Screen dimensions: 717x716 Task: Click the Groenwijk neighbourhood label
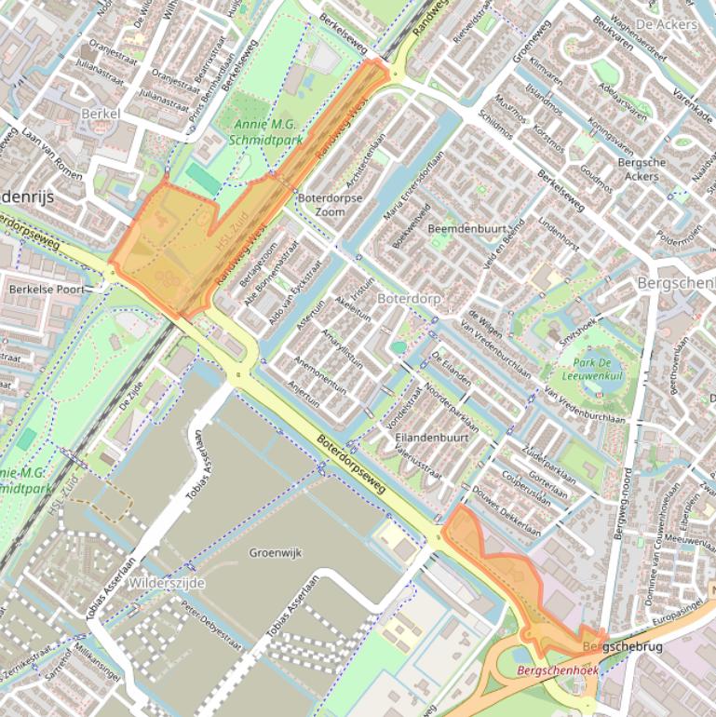pos(277,552)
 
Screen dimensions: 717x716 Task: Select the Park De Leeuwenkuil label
pos(597,368)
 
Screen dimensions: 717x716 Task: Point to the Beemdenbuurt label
pos(466,229)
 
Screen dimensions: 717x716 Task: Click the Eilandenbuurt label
pos(430,436)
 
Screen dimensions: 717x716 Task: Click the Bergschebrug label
pos(614,645)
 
